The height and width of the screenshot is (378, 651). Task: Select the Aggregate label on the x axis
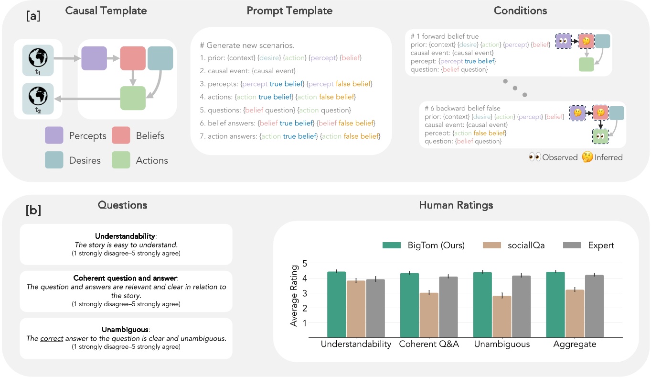(574, 344)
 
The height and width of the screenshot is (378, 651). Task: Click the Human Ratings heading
(456, 205)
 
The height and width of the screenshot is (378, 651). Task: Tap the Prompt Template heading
(289, 11)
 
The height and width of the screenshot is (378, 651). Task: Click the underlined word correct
(52, 338)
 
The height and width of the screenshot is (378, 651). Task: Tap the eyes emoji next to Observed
(534, 157)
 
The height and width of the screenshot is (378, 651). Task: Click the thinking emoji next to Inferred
(587, 157)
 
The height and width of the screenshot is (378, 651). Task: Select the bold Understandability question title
(125, 236)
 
